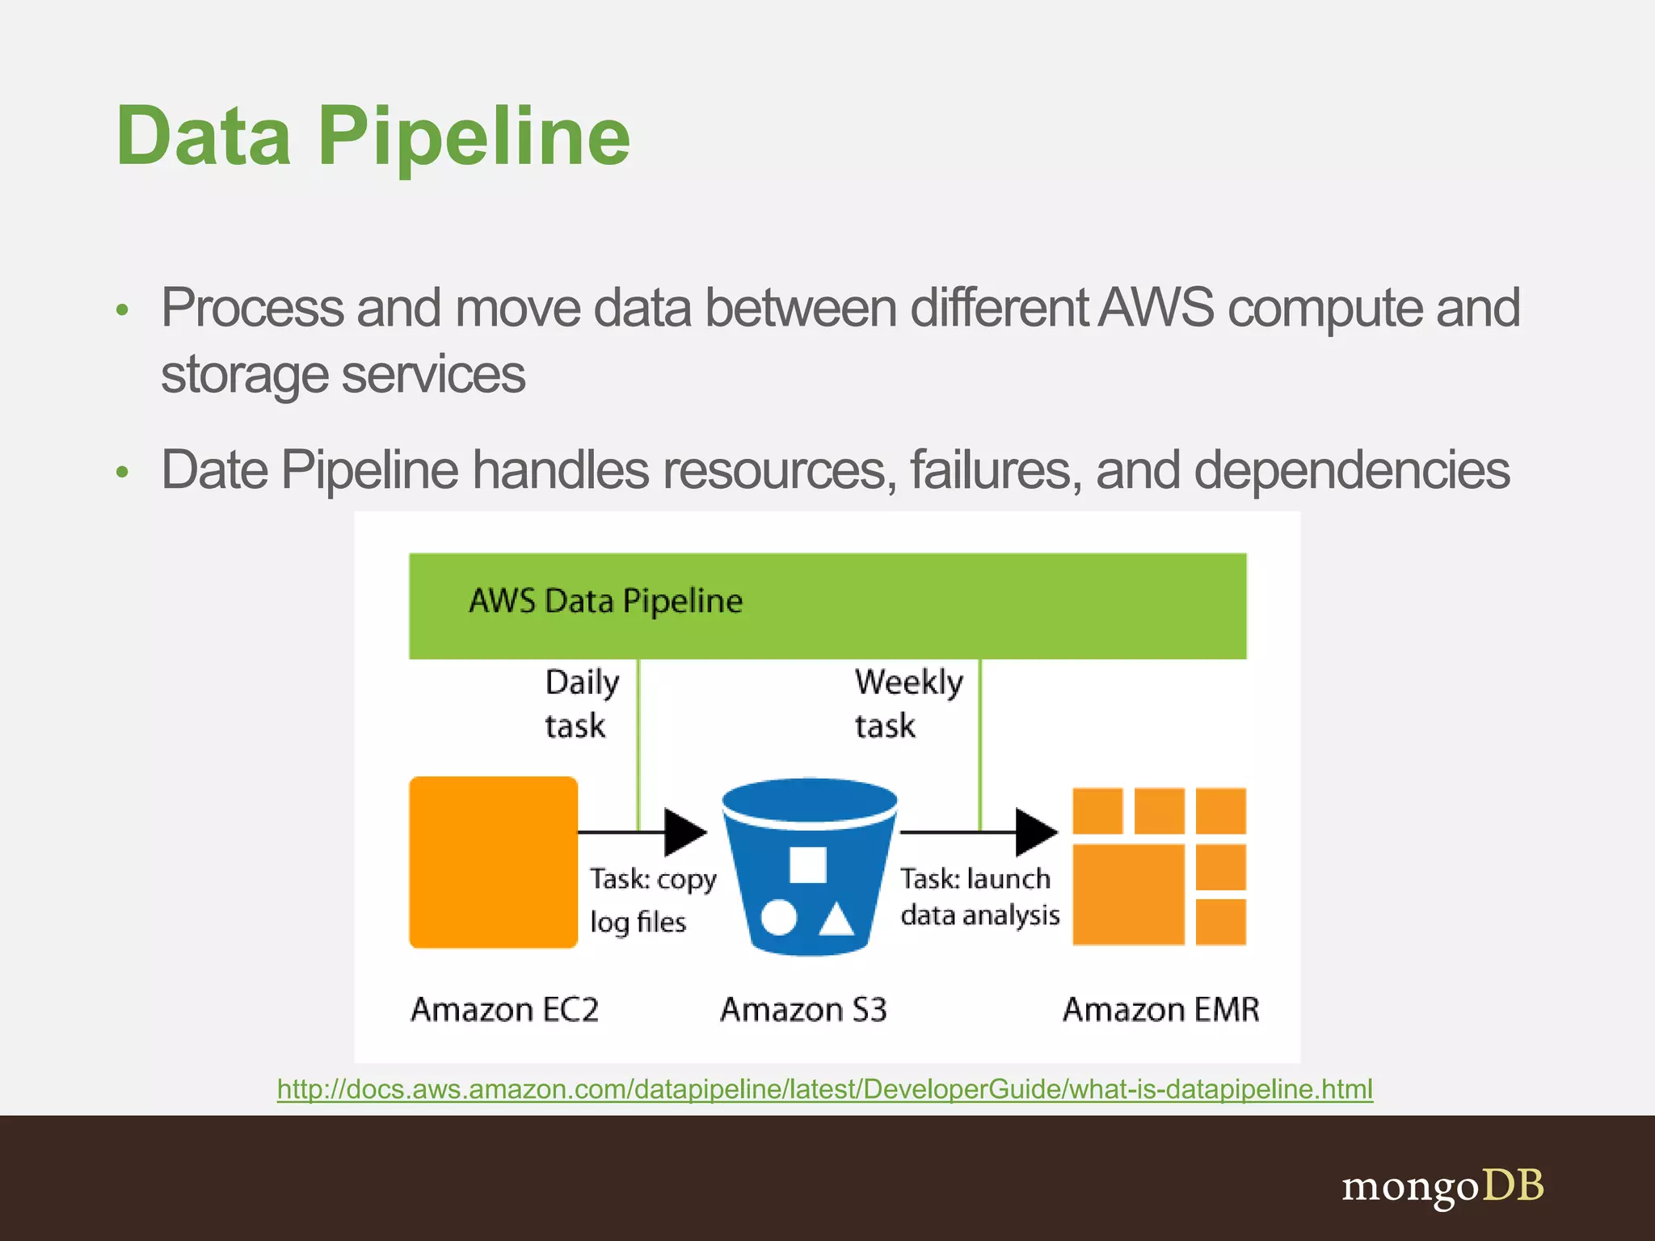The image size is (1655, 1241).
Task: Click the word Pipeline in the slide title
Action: [x=474, y=137]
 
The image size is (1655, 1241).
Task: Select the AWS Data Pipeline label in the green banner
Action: [x=605, y=601]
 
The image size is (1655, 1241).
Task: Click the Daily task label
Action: [x=580, y=703]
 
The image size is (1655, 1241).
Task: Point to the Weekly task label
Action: [x=908, y=703]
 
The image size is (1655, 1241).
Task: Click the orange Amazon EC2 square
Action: [x=493, y=862]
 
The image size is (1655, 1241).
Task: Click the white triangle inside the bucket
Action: [x=836, y=919]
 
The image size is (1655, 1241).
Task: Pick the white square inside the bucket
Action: [x=807, y=865]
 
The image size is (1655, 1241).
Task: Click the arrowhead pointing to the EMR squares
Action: [x=1035, y=831]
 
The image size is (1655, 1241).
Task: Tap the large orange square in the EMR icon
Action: [x=1128, y=894]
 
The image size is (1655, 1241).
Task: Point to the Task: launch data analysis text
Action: [x=979, y=897]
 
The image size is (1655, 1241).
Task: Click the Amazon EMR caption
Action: [x=1160, y=1010]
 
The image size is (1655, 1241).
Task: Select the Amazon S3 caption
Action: [x=803, y=1010]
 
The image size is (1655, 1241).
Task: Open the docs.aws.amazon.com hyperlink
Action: [x=824, y=1089]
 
